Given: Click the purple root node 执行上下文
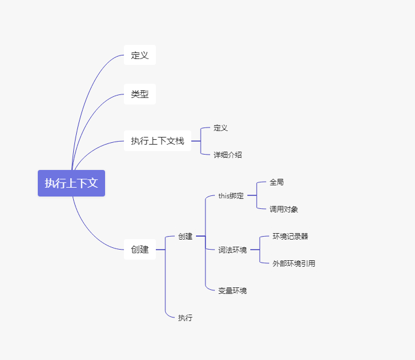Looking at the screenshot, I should [x=71, y=183].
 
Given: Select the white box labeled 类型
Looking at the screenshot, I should [x=140, y=94].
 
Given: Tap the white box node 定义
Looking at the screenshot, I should [x=140, y=56].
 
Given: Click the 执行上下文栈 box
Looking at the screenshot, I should [x=158, y=141].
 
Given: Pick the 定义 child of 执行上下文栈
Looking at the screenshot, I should [x=221, y=127].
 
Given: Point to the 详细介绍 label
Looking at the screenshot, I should [x=228, y=155].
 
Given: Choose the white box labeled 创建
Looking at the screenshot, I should [x=140, y=250].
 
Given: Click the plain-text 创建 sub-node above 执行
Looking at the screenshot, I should [x=185, y=236].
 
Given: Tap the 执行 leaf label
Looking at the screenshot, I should [x=185, y=318].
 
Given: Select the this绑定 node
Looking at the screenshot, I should [x=231, y=196].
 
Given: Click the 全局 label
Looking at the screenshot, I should [x=277, y=182].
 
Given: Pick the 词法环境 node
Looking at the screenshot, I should [x=233, y=250].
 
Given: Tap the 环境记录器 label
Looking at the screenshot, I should [x=290, y=236].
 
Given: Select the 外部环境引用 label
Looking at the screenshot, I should [x=294, y=263].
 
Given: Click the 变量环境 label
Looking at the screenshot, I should [x=233, y=290].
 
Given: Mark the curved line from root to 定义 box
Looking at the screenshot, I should [x=89, y=89].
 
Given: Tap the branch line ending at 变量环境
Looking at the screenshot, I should [x=206, y=277].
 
